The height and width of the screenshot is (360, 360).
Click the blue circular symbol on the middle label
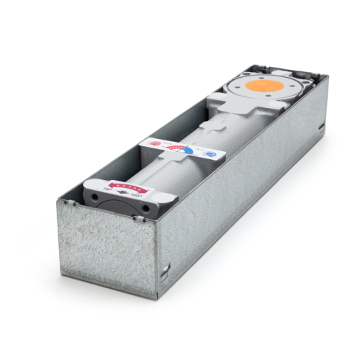point(209,153)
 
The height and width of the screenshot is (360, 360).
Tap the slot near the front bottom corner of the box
point(168,270)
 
